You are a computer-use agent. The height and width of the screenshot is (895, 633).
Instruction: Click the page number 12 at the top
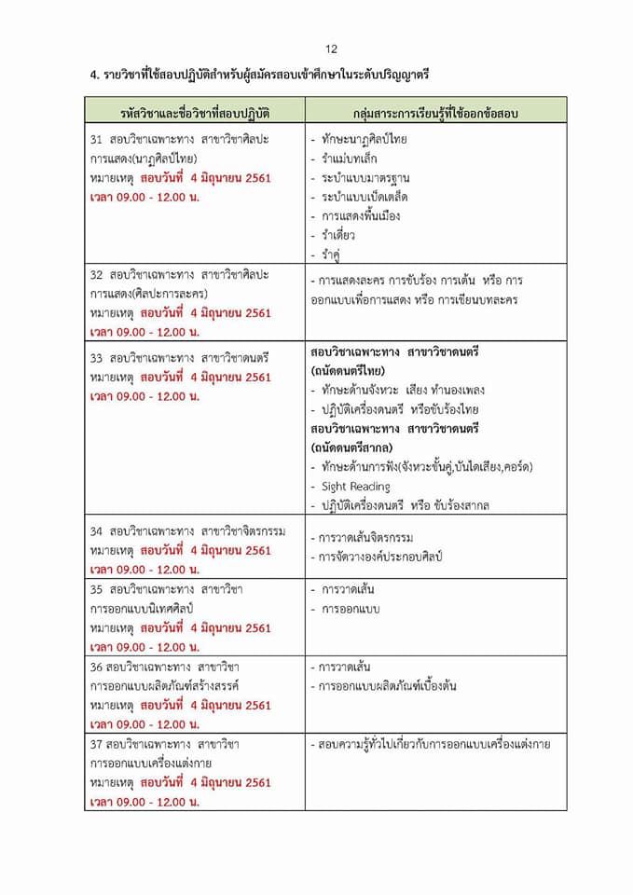tap(331, 49)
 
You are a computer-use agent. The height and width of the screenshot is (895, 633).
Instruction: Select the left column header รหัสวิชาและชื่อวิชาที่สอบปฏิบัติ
tap(195, 113)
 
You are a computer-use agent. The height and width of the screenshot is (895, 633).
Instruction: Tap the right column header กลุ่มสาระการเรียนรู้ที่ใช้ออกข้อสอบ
tap(435, 113)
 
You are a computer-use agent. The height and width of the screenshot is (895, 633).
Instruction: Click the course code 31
tap(96, 140)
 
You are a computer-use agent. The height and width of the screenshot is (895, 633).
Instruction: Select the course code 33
tap(96, 357)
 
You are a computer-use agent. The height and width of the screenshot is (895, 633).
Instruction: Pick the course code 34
tap(96, 531)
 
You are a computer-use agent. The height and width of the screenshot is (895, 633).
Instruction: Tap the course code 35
tap(96, 589)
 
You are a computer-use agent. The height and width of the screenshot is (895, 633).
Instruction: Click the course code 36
tap(96, 667)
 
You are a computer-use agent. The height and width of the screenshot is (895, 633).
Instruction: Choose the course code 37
tap(96, 744)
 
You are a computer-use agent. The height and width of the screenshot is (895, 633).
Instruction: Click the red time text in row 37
tap(144, 802)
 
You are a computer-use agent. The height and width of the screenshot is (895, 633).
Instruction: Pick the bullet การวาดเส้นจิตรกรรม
tap(365, 538)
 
